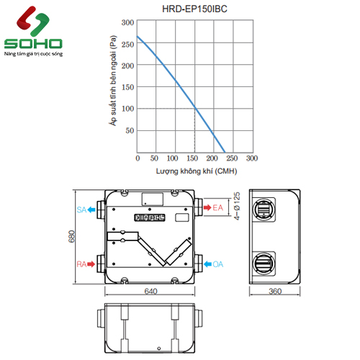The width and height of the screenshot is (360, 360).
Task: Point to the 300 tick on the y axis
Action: (127, 22)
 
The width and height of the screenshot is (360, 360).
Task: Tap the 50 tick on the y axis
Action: (130, 131)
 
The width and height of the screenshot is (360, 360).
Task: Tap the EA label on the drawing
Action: (217, 209)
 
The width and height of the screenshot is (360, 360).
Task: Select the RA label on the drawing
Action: (81, 264)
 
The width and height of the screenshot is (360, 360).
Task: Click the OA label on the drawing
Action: (217, 264)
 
